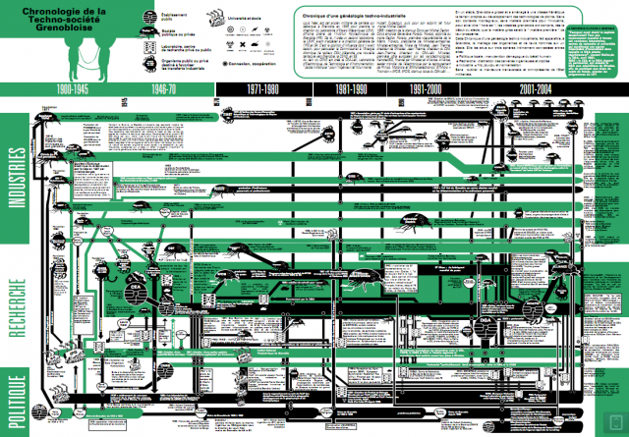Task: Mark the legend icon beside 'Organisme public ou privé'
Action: pyautogui.click(x=147, y=63)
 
